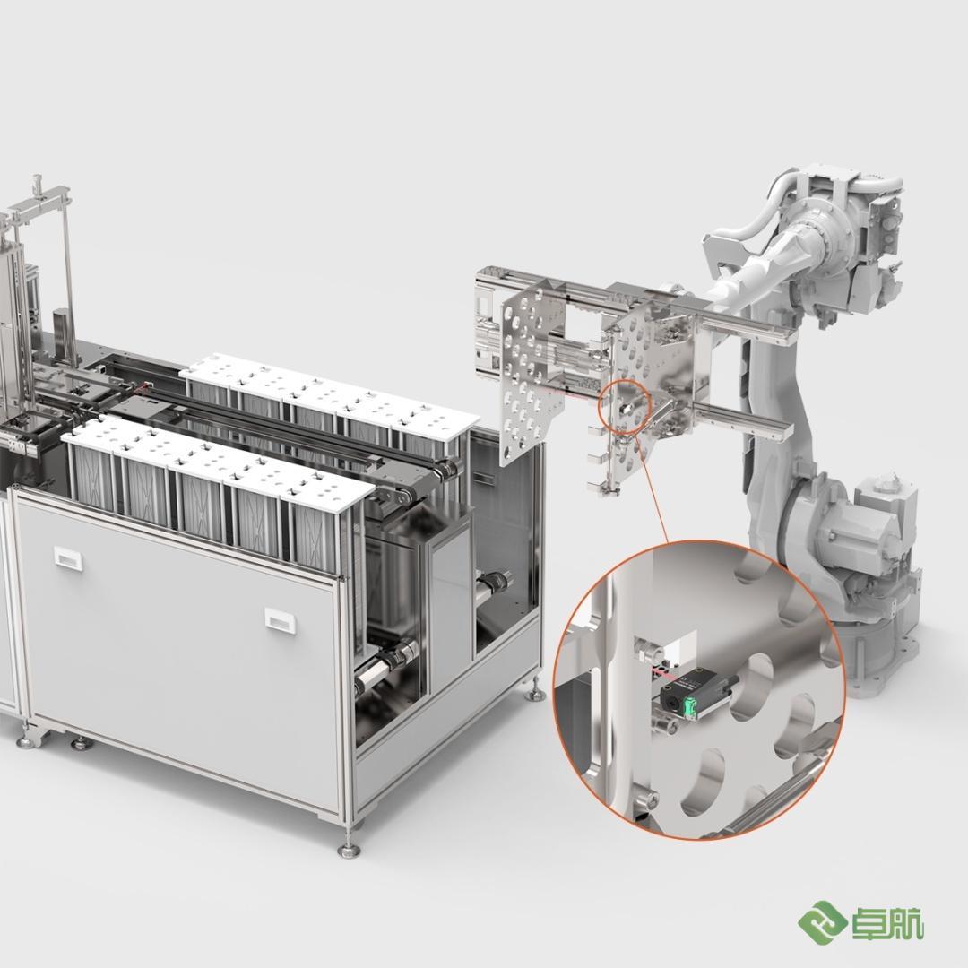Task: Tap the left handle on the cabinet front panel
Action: click(66, 557)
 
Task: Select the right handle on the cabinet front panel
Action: click(281, 619)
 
